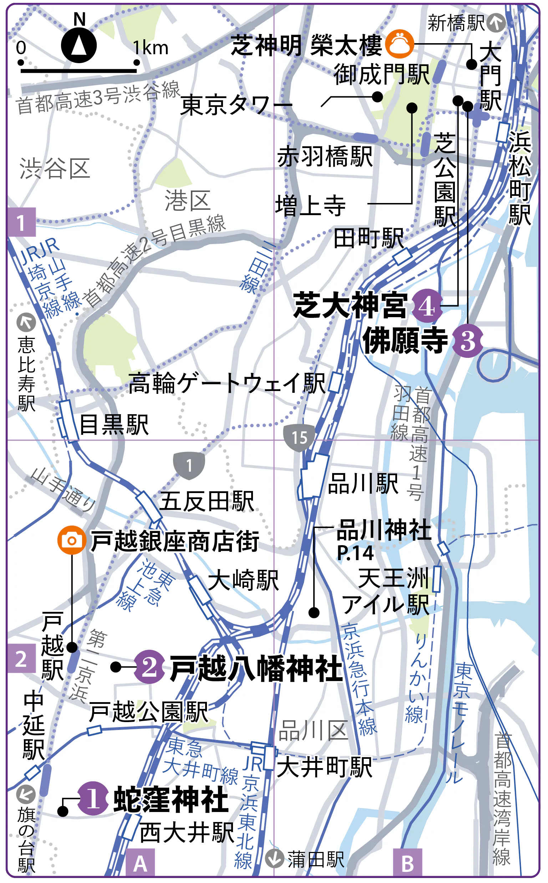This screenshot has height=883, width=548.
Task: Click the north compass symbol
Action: coord(78,46)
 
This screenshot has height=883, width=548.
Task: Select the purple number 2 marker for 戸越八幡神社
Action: coord(149,667)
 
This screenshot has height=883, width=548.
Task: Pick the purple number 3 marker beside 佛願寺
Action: coord(467,341)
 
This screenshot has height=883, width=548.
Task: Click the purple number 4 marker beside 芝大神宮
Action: coord(427,306)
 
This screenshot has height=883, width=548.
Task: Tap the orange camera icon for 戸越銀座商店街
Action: coord(72,540)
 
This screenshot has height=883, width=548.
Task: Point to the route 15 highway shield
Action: coord(299,438)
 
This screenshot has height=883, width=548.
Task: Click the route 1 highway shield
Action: coord(189,465)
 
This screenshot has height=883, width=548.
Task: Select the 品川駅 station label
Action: coord(363,484)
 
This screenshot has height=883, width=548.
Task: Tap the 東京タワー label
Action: coord(236,106)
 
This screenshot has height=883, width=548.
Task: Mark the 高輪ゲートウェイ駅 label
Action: coord(227,383)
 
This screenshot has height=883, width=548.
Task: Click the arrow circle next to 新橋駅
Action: coord(496,23)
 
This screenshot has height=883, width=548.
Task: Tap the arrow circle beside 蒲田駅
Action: coord(274,859)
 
